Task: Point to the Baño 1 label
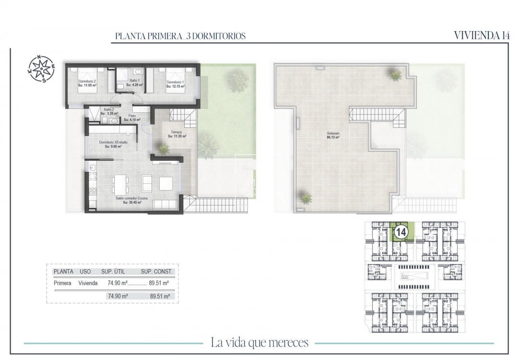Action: click(x=134, y=81)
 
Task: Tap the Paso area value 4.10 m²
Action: click(x=130, y=120)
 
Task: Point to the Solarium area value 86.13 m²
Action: click(x=333, y=137)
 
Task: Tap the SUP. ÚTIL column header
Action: click(x=113, y=271)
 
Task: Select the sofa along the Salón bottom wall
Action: click(x=165, y=205)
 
